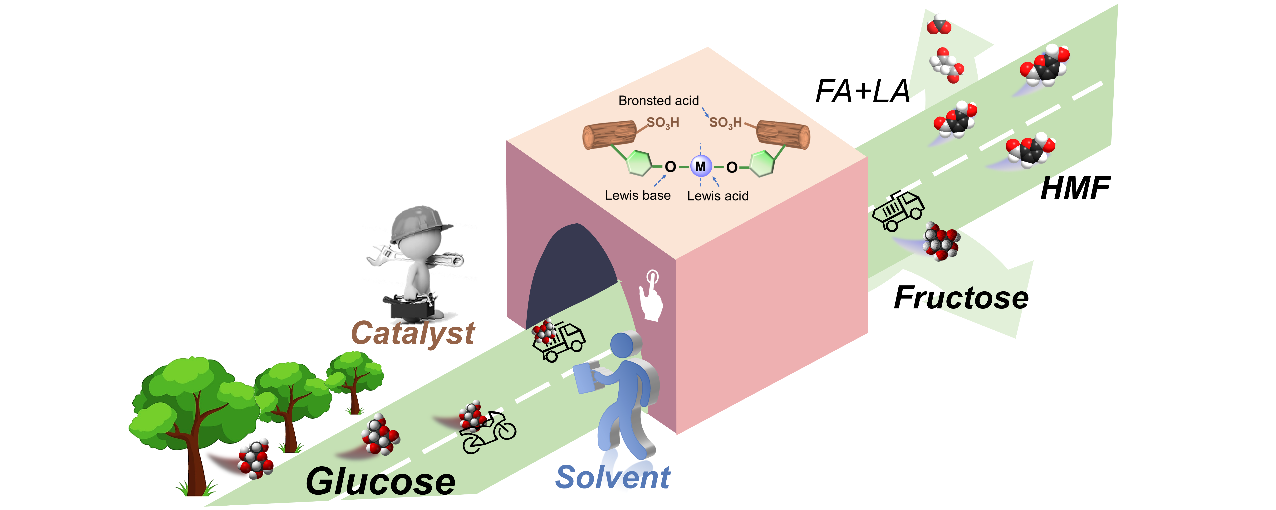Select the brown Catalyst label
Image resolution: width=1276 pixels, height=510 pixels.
click(x=413, y=333)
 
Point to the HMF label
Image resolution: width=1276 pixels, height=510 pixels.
click(x=1075, y=188)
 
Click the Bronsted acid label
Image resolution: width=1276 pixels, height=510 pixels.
click(x=658, y=100)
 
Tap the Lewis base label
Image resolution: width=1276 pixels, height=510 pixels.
click(x=637, y=196)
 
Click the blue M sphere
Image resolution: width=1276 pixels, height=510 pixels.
click(x=700, y=166)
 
